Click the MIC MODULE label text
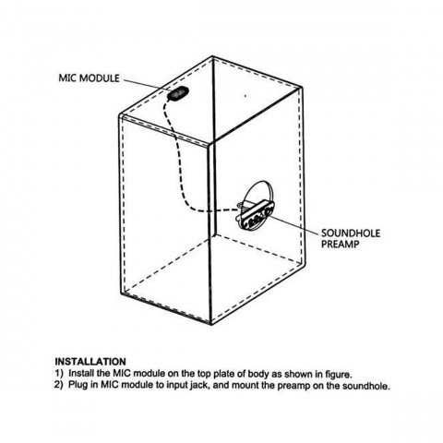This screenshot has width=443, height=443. pyautogui.click(x=89, y=78)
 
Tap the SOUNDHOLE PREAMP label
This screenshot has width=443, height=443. pyautogui.click(x=351, y=239)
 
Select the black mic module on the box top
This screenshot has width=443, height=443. pyautogui.click(x=177, y=93)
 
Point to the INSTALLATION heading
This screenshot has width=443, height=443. pyautogui.click(x=90, y=361)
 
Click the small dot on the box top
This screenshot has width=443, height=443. pyautogui.click(x=245, y=96)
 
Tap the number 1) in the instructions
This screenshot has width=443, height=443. pyautogui.click(x=59, y=374)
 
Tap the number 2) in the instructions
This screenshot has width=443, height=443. pyautogui.click(x=59, y=385)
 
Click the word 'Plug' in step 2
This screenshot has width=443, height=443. pyautogui.click(x=78, y=385)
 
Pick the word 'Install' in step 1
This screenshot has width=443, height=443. pyautogui.click(x=81, y=374)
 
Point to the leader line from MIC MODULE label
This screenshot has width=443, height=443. pyautogui.click(x=146, y=85)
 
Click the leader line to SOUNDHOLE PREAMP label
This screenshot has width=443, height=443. pyautogui.click(x=294, y=223)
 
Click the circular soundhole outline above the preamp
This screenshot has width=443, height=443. pyautogui.click(x=257, y=185)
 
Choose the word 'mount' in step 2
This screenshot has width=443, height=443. pyautogui.click(x=245, y=386)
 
